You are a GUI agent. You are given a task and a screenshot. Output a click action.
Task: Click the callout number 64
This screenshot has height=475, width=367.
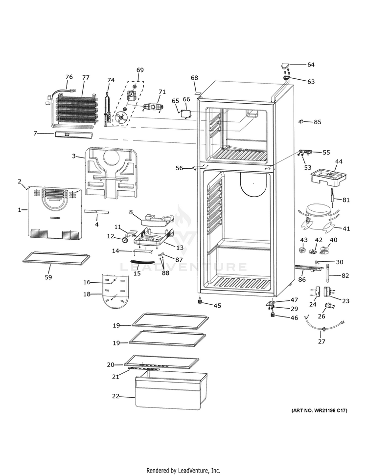click(311, 65)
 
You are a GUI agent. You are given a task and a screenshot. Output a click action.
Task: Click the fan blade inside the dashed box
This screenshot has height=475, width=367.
click(122, 117)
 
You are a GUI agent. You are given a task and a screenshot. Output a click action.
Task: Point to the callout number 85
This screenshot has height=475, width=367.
click(318, 122)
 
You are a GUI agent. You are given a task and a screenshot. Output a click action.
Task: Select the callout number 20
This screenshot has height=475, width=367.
click(111, 365)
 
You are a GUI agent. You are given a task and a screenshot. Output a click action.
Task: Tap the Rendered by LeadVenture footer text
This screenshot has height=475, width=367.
click(183, 470)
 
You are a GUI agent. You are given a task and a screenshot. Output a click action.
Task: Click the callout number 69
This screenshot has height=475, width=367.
click(140, 70)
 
